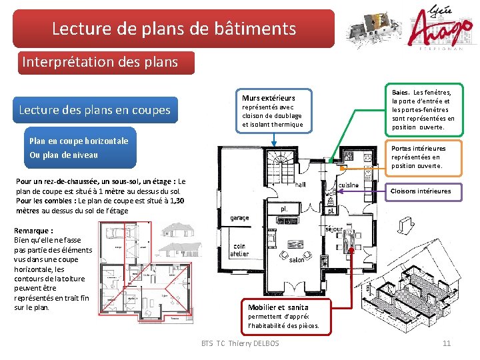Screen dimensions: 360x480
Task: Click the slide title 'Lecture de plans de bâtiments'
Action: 174,29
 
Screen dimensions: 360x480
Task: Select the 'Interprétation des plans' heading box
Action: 100,62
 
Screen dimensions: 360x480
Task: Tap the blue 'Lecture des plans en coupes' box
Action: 94,110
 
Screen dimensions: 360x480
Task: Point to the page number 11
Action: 447,343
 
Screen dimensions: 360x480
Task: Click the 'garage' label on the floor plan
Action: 239,218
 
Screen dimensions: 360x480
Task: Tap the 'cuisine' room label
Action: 348,185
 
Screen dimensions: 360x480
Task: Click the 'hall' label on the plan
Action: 300,184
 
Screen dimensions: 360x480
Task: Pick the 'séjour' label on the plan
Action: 333,229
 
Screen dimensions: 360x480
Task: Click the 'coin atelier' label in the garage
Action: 239,250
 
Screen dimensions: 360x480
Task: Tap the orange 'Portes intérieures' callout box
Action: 423,157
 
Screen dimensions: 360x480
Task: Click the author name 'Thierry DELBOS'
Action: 254,343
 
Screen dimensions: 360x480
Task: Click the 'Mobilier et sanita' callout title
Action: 278,307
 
